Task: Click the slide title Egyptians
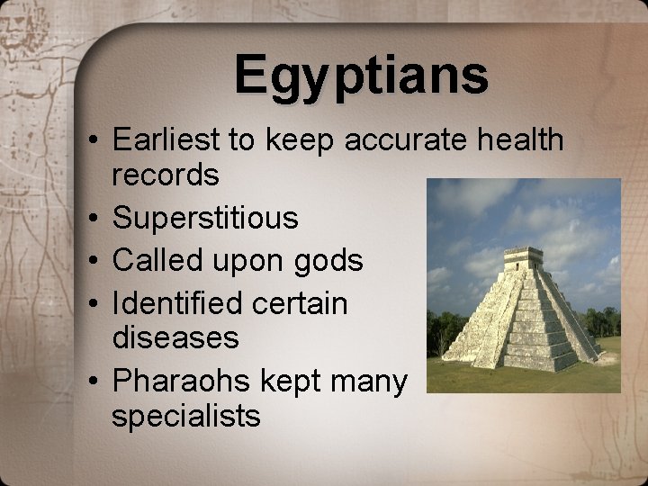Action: click(x=362, y=75)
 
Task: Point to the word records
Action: click(x=165, y=175)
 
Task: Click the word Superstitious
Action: click(x=204, y=218)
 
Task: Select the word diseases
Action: click(x=175, y=338)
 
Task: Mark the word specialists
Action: click(x=185, y=416)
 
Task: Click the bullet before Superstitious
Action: click(x=94, y=219)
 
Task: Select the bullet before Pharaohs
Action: click(x=94, y=382)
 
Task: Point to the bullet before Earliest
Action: click(x=94, y=141)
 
